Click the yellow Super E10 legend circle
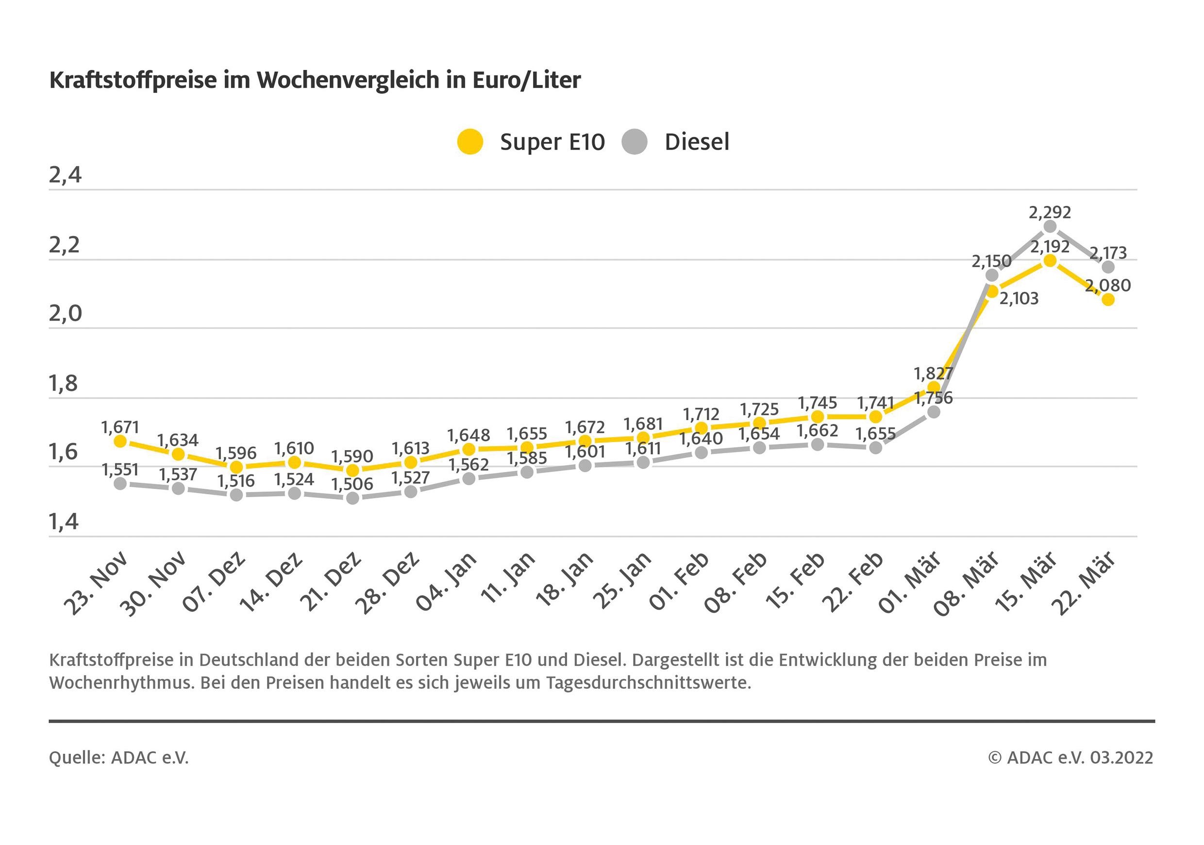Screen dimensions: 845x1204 (x=470, y=142)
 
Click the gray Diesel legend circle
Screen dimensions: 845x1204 (x=635, y=142)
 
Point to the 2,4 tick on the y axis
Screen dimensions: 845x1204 (x=65, y=175)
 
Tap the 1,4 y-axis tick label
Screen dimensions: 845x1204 (x=64, y=522)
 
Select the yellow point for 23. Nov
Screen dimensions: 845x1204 (x=120, y=441)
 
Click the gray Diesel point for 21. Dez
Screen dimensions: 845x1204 (x=353, y=498)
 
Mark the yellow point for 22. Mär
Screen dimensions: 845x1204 (x=1108, y=300)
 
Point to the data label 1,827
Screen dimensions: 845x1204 (x=933, y=373)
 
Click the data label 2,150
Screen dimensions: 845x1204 (x=991, y=261)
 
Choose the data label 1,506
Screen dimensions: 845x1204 (x=352, y=484)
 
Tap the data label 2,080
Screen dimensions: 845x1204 (x=1107, y=286)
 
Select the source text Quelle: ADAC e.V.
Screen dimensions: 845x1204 (x=118, y=758)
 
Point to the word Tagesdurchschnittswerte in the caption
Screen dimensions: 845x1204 (x=649, y=683)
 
